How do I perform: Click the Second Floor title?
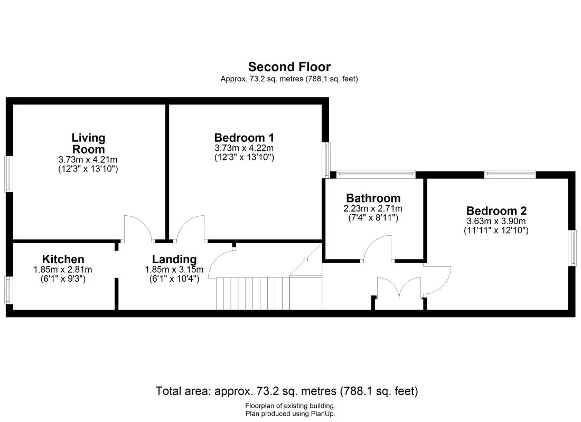pos(289,67)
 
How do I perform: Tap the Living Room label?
pos(88,143)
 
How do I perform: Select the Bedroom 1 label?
pos(244,138)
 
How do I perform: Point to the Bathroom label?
pos(373,198)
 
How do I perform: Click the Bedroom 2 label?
pos(496,210)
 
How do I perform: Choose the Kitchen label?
pos(63,259)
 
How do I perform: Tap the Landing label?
pos(174,259)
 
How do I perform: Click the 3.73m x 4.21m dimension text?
pos(88,159)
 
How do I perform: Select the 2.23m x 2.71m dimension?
pos(373,208)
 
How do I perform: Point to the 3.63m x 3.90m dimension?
pos(496,222)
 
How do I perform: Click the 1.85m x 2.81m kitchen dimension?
pos(63,270)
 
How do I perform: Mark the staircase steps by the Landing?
pos(252,293)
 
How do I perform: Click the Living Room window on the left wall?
pos(8,174)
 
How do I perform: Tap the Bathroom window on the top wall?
pos(376,174)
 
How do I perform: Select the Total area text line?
pos(287,391)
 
